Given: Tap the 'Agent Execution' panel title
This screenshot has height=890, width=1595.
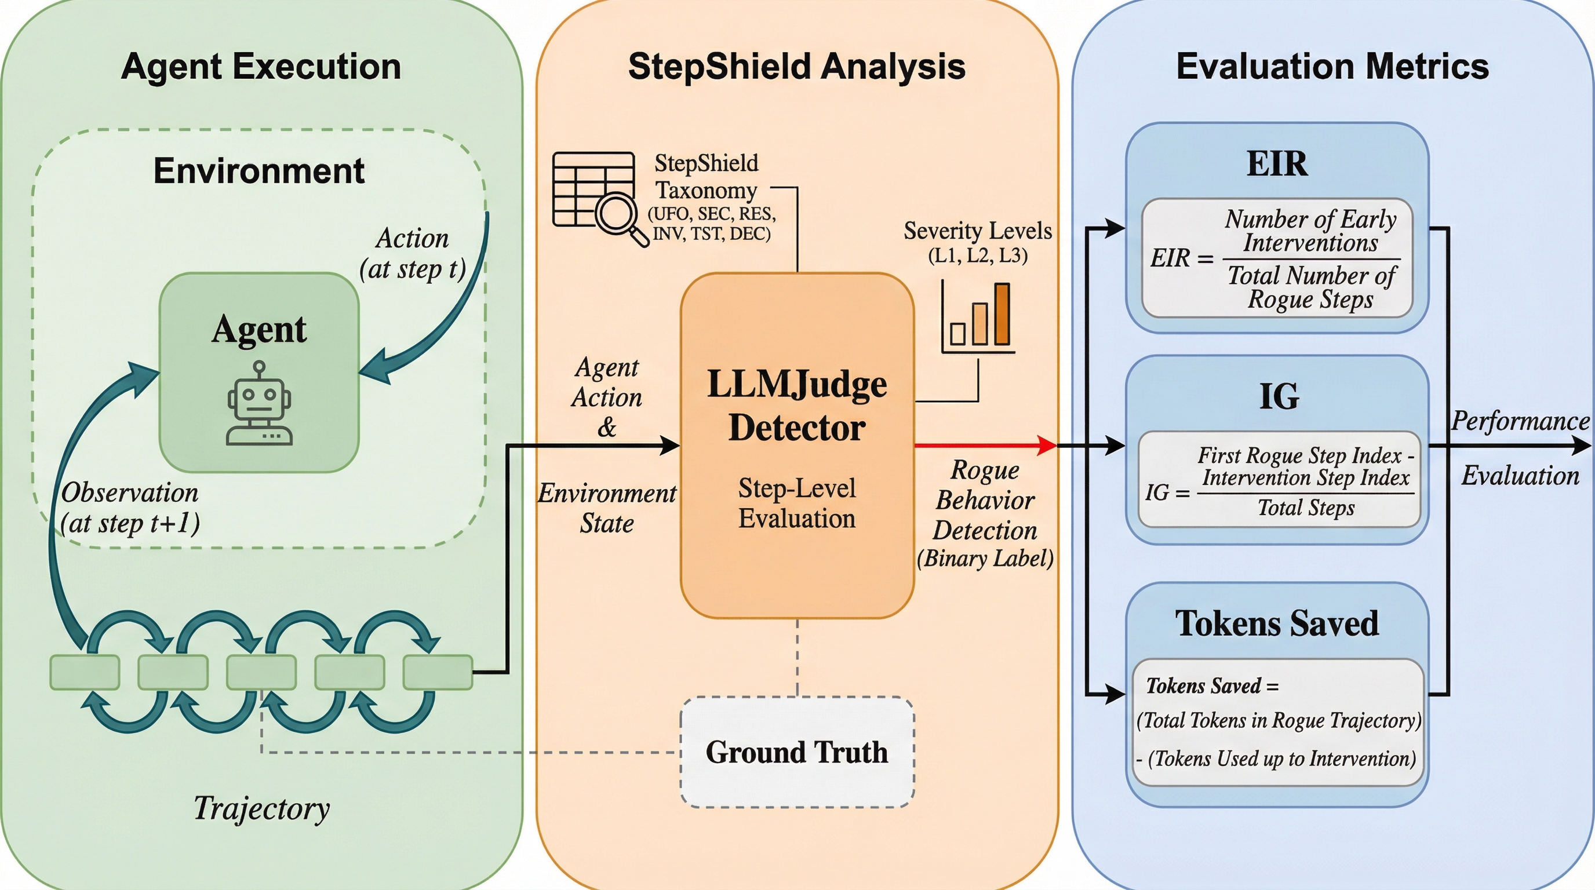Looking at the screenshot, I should pyautogui.click(x=261, y=66).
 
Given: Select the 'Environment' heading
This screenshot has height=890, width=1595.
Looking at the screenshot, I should pyautogui.click(x=259, y=171).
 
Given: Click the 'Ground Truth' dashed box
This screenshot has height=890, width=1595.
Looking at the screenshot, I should pyautogui.click(x=797, y=752).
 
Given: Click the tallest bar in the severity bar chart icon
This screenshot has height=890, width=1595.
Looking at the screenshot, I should pyautogui.click(x=1002, y=314).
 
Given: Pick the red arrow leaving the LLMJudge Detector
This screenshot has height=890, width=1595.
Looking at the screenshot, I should pyautogui.click(x=985, y=445).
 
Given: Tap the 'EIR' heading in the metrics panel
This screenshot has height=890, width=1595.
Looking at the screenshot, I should pyautogui.click(x=1277, y=164).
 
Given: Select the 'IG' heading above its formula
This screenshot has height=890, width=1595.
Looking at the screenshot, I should pyautogui.click(x=1279, y=396).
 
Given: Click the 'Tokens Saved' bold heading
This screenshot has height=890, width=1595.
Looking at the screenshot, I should pyautogui.click(x=1277, y=623).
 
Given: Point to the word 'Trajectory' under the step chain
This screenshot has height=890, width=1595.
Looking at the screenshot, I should pyautogui.click(x=261, y=808).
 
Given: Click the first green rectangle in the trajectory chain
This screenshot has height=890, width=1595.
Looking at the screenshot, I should pyautogui.click(x=85, y=672).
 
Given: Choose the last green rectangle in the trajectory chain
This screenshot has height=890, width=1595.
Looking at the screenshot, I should pyautogui.click(x=438, y=672).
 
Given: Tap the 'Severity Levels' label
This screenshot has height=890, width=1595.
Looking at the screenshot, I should pyautogui.click(x=978, y=231).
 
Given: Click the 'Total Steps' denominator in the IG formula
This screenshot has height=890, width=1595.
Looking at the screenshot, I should pyautogui.click(x=1306, y=508).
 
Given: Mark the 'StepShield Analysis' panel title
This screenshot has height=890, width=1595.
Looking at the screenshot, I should pyautogui.click(x=796, y=66).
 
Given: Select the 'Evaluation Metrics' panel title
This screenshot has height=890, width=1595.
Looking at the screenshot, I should pyautogui.click(x=1332, y=66).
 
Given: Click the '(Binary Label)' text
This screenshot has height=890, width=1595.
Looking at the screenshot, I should pyautogui.click(x=985, y=558).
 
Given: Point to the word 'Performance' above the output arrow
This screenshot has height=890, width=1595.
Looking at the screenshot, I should pyautogui.click(x=1520, y=421).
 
